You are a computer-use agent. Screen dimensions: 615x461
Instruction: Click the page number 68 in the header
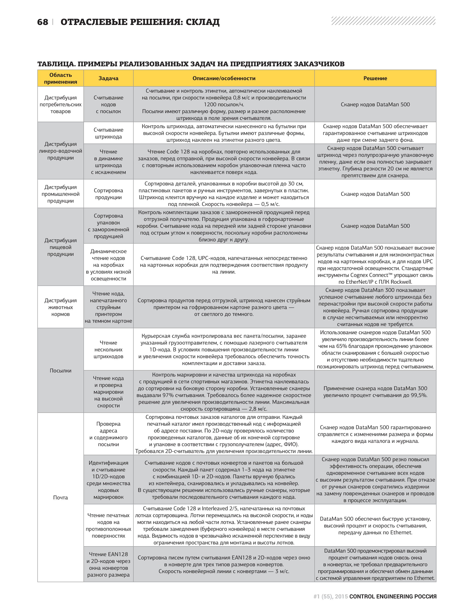(x=42, y=22)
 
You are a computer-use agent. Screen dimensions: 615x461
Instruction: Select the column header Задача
(x=108, y=78)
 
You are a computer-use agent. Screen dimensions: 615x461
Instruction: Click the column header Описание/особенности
(x=224, y=78)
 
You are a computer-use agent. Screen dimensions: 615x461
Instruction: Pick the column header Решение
(x=375, y=78)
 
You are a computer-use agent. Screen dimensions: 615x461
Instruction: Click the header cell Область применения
(x=60, y=78)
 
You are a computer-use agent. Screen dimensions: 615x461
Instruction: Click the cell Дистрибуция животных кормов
(x=60, y=307)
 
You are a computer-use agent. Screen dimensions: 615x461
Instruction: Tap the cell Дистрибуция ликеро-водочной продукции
(x=60, y=151)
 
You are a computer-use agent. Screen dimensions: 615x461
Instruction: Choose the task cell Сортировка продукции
(x=108, y=194)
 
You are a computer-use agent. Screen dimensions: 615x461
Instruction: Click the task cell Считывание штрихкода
(x=108, y=133)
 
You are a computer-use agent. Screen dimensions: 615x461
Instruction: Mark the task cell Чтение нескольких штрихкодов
(x=108, y=349)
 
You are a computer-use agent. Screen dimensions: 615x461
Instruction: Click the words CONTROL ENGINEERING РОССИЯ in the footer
(x=393, y=596)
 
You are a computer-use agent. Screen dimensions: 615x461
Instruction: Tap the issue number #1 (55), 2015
(x=330, y=596)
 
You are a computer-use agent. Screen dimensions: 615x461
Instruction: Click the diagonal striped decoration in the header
(x=383, y=21)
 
